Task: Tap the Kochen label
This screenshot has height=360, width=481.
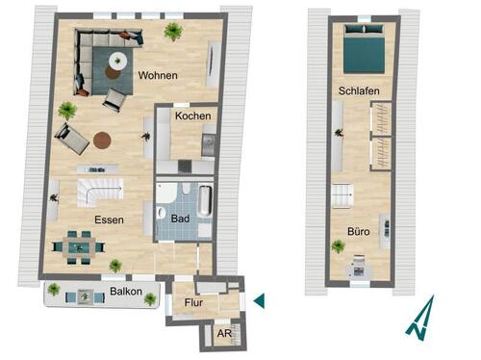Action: point(191,116)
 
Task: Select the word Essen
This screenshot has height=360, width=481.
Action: point(109,219)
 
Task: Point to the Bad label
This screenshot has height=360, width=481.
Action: point(179,219)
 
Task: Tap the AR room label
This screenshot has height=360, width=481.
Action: point(223,334)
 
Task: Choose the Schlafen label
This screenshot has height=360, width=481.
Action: point(357,91)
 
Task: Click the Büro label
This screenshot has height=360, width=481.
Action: point(360,231)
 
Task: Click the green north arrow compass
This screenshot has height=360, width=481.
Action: point(419,318)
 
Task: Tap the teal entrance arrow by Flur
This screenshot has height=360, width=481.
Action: point(258,301)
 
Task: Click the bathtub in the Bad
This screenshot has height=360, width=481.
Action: point(205,201)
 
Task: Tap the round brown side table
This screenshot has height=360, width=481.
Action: point(102,140)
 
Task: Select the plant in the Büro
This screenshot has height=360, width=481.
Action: point(339,246)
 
